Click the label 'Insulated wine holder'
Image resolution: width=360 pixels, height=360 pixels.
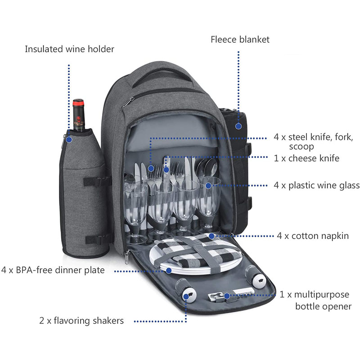click(69, 49)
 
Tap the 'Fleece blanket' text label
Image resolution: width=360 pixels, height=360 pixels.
click(240, 40)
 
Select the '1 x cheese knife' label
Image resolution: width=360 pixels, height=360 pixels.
click(306, 158)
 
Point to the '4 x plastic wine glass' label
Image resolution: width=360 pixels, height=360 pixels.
click(317, 185)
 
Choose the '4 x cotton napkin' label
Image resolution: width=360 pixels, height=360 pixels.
click(313, 236)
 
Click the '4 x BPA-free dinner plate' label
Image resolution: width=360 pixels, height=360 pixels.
click(53, 270)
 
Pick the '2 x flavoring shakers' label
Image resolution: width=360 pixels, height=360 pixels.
click(81, 321)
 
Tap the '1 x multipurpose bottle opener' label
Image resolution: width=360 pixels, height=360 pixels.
click(315, 301)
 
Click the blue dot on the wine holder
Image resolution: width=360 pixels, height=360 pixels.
click(69, 139)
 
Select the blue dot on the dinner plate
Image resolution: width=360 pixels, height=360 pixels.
click(169, 270)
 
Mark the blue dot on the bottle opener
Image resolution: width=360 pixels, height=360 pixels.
click(227, 296)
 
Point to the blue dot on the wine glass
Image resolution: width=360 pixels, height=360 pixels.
click(208, 184)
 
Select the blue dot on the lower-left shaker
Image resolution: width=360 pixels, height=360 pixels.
click(185, 296)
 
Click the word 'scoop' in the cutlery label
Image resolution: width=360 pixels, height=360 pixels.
click(301, 147)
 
